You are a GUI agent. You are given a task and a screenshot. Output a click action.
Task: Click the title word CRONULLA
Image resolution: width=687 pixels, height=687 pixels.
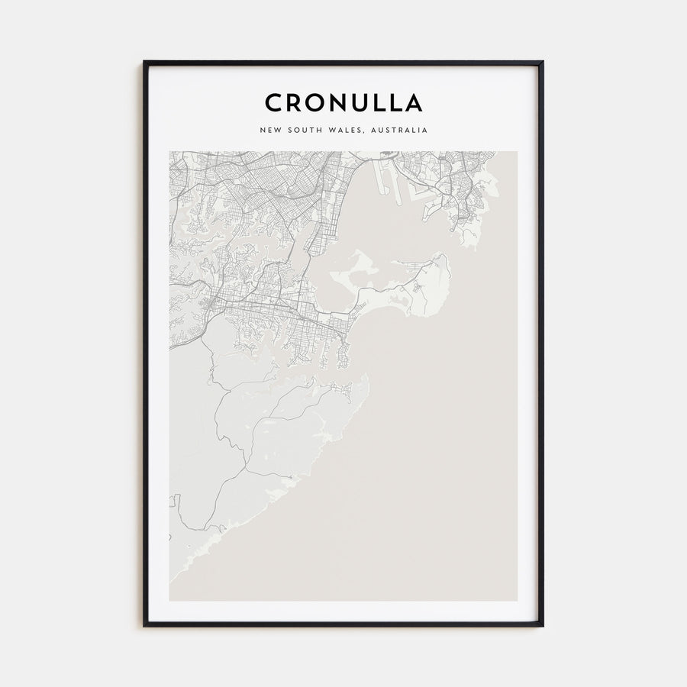[x=343, y=102]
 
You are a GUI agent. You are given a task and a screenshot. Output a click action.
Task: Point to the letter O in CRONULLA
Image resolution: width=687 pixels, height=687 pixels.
[x=314, y=102]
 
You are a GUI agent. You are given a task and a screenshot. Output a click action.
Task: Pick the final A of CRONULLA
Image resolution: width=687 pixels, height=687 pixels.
[x=414, y=102]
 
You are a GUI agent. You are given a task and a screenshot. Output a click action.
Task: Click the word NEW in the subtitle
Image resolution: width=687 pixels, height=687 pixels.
[x=271, y=130]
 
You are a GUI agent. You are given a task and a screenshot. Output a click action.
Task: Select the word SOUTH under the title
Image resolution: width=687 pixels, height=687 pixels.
[x=303, y=130]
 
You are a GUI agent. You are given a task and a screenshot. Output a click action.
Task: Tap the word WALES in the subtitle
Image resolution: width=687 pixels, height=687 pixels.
[x=344, y=130]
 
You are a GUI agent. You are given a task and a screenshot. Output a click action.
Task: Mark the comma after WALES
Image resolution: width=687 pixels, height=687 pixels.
[x=364, y=132]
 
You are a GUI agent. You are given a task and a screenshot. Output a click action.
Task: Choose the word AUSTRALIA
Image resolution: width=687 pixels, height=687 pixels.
[x=398, y=130]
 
